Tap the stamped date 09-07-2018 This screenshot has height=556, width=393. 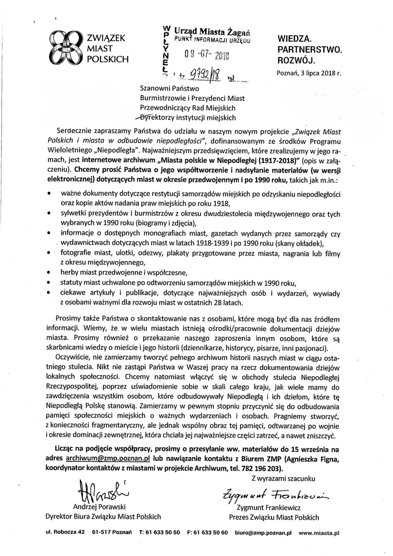coord(205,55)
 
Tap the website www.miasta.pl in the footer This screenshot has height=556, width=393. coord(319,534)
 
